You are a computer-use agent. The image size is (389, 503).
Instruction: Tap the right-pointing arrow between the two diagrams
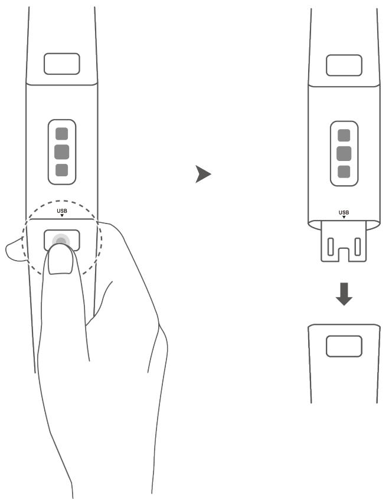point(203,174)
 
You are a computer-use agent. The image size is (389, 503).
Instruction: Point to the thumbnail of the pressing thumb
point(59,261)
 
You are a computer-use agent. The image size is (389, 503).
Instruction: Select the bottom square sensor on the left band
point(61,170)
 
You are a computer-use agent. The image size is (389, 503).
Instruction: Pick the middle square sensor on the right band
point(344,154)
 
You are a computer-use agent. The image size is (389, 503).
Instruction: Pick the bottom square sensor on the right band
point(344,172)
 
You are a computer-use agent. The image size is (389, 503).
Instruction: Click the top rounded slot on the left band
point(62,63)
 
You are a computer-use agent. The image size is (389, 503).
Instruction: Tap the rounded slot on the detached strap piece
point(344,346)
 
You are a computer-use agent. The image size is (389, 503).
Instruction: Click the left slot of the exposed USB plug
point(332,245)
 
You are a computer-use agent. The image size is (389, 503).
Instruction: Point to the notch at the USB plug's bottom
point(344,255)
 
